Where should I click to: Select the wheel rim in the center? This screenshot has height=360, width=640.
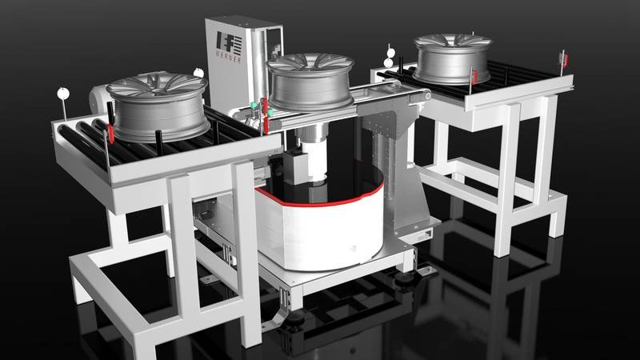[311, 82]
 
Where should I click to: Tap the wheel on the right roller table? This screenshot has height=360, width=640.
[452, 58]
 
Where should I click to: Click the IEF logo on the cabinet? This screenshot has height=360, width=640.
[229, 43]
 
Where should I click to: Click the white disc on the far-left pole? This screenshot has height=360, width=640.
[63, 94]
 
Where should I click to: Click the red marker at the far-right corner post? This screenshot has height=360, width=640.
[565, 60]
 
